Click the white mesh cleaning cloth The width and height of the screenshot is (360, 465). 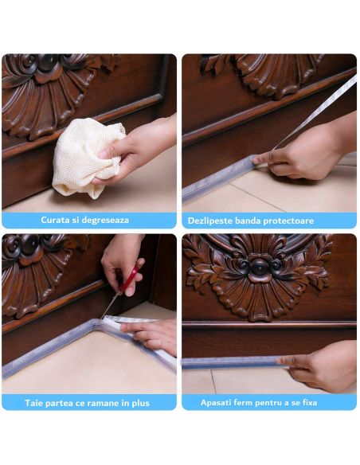click(84, 156)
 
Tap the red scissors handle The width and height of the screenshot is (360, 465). click(129, 279)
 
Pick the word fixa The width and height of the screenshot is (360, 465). click(309, 402)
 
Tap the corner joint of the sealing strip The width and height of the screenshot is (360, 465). click(96, 322)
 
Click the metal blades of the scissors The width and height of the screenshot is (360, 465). click(111, 306)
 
